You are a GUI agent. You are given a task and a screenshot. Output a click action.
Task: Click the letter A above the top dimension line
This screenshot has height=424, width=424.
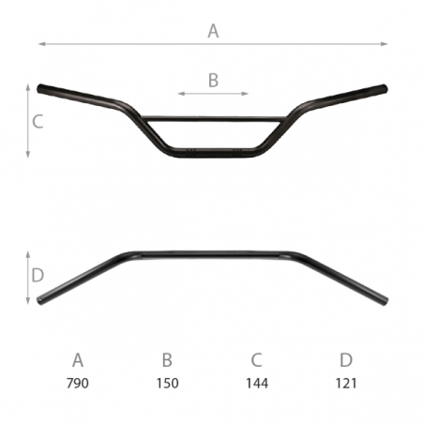tap(213, 31)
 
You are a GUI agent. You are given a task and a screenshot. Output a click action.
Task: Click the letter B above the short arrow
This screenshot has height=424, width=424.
tap(213, 80)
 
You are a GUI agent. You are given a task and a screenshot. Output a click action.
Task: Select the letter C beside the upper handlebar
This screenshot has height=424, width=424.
tap(38, 121)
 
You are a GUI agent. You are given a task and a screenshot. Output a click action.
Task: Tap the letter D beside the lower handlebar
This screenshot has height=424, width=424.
tap(38, 275)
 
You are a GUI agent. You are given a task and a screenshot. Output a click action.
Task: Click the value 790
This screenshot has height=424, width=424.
tap(78, 383)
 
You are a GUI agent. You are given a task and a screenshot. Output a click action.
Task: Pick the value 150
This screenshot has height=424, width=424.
tap(168, 383)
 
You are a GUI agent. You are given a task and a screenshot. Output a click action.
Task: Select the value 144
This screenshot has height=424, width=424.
tap(257, 383)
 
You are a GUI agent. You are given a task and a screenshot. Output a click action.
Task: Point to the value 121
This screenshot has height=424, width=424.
tap(346, 383)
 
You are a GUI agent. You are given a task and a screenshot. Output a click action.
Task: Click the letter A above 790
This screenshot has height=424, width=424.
tap(78, 360)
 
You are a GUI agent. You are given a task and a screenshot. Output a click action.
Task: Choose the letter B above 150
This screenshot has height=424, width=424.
tap(167, 360)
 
